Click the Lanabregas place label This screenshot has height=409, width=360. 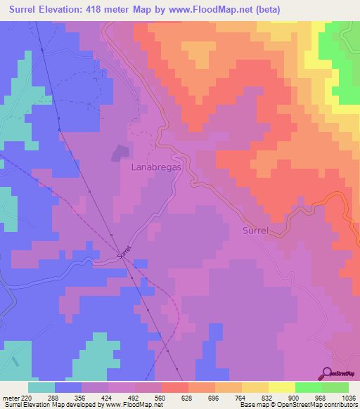[157, 168]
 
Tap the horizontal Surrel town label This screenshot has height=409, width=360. [256, 231]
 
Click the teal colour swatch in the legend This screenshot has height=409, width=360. [41, 387]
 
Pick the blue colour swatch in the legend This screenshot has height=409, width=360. [68, 387]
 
